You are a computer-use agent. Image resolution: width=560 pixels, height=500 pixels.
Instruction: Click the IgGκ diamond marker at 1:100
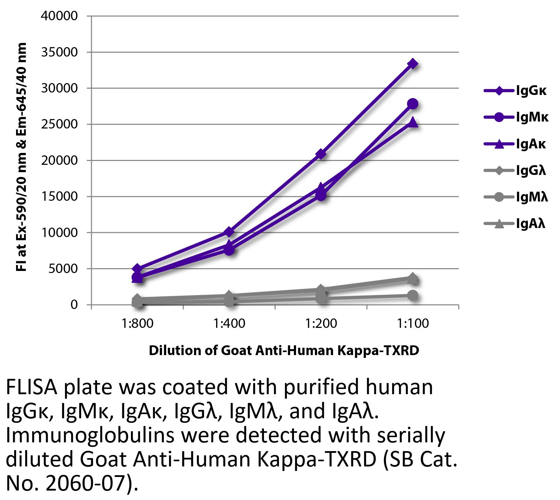413,64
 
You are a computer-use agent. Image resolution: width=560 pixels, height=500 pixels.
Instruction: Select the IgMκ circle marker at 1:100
413,104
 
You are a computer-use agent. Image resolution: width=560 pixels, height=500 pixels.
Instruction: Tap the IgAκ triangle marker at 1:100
413,122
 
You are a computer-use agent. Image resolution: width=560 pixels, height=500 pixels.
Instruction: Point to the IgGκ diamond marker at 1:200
321,154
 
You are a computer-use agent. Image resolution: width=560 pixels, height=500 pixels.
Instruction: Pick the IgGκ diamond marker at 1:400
229,232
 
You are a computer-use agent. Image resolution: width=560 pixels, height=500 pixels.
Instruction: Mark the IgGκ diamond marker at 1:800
137,269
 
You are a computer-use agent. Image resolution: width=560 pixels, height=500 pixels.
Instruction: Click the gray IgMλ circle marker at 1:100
413,295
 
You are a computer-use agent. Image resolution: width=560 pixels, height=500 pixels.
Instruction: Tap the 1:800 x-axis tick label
138,323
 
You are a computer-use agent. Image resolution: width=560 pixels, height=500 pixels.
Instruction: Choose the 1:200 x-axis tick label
321,323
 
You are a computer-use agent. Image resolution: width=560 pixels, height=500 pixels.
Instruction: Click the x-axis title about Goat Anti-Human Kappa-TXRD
284,350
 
